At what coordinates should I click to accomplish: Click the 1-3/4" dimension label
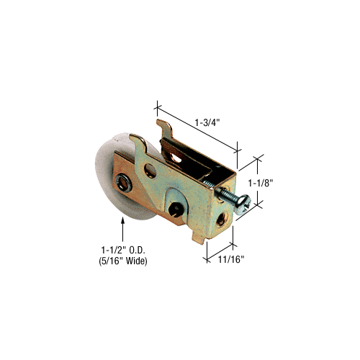207,122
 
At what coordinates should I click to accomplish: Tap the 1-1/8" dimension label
261,184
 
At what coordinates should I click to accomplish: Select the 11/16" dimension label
231,259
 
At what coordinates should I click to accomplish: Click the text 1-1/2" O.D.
123,251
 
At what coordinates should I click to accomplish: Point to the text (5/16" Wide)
123,261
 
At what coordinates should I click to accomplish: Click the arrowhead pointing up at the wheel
123,220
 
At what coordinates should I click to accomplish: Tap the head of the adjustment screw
243,204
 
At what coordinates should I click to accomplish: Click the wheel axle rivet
124,183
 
